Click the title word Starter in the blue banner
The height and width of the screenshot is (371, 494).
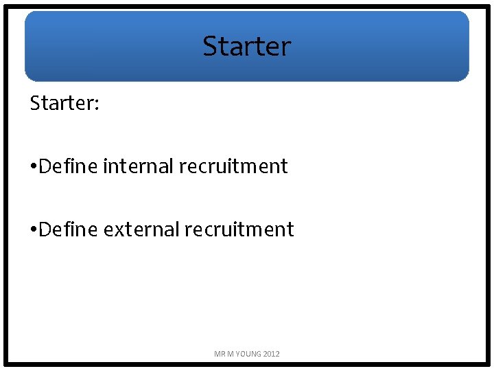(x=247, y=46)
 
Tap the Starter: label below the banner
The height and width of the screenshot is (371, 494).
(x=64, y=103)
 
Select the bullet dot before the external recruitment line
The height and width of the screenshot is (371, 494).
(x=34, y=229)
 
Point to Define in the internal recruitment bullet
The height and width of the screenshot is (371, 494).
(x=69, y=166)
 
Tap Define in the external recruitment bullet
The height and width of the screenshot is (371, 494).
(x=69, y=229)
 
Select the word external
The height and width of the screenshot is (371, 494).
(x=141, y=229)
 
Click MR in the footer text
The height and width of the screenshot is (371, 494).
(x=220, y=354)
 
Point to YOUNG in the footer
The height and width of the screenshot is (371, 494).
(x=248, y=354)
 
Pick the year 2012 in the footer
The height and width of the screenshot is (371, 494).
(x=271, y=354)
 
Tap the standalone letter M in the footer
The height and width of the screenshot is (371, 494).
(x=231, y=354)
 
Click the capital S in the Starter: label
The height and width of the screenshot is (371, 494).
(x=35, y=103)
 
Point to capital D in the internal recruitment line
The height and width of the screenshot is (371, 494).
(x=45, y=166)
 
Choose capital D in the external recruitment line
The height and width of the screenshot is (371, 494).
(x=45, y=229)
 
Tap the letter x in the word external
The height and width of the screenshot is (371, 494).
(x=117, y=230)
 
